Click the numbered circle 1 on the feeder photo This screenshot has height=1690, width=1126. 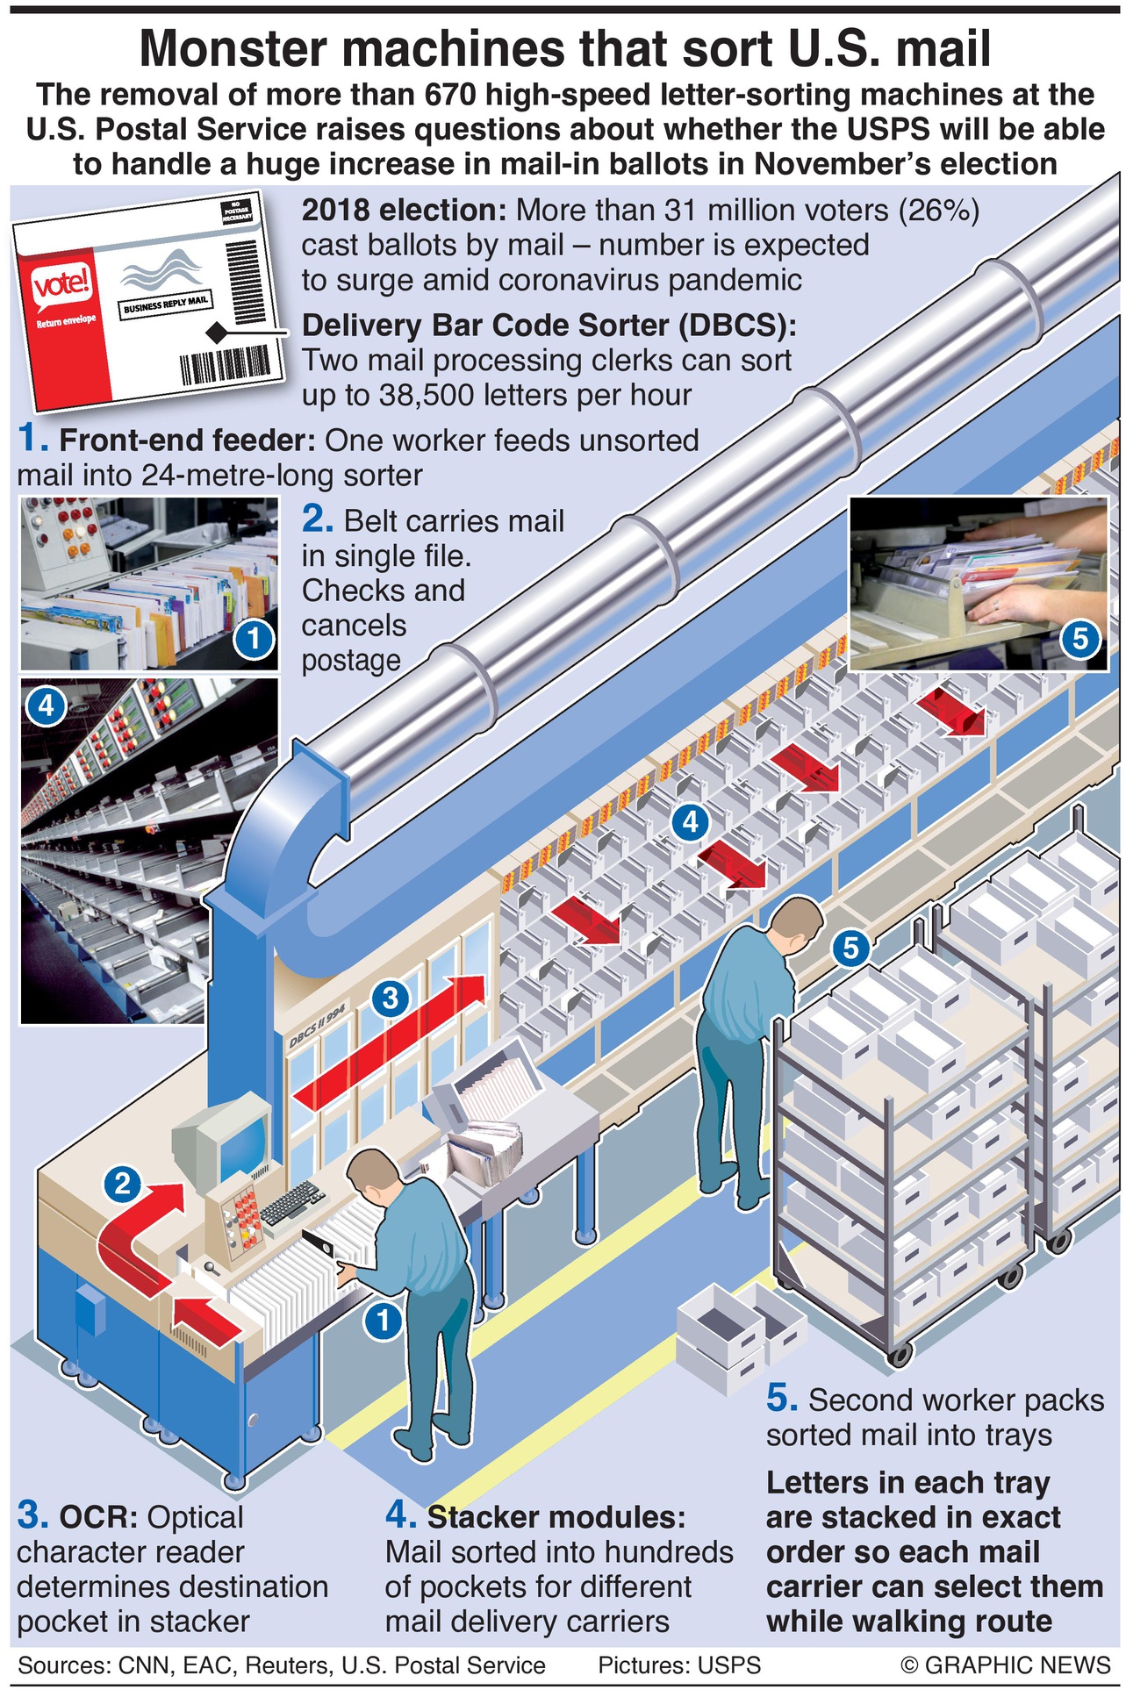click(x=254, y=638)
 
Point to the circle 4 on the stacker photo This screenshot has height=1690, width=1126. click(x=46, y=705)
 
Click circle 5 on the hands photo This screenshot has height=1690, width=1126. click(x=1079, y=638)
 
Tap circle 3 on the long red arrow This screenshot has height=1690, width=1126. click(x=391, y=998)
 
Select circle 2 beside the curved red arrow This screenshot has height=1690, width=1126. click(x=123, y=1184)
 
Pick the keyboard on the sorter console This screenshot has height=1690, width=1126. click(x=290, y=1203)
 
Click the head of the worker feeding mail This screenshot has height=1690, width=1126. click(x=369, y=1175)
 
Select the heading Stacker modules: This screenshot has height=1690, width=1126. click(x=555, y=1516)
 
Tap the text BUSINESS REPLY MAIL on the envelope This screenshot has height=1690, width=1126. click(x=166, y=305)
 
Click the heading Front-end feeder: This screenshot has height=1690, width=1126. click(x=187, y=440)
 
